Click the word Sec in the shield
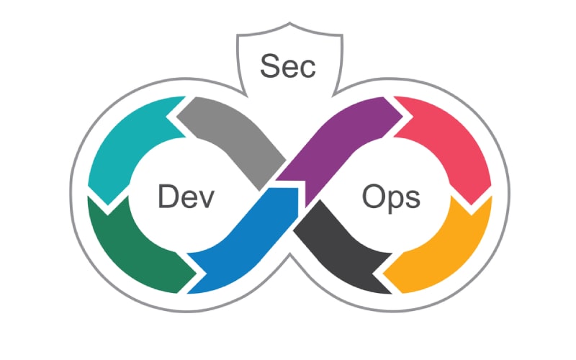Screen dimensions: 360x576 click(x=287, y=67)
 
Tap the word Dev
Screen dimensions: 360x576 click(x=186, y=196)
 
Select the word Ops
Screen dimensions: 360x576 click(x=392, y=196)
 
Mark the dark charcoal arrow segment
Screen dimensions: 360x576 click(x=338, y=245)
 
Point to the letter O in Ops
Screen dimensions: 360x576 click(x=372, y=196)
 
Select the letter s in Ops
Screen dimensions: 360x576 click(x=413, y=198)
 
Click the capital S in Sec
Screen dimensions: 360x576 click(x=269, y=67)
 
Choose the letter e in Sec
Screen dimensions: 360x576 click(x=289, y=69)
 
